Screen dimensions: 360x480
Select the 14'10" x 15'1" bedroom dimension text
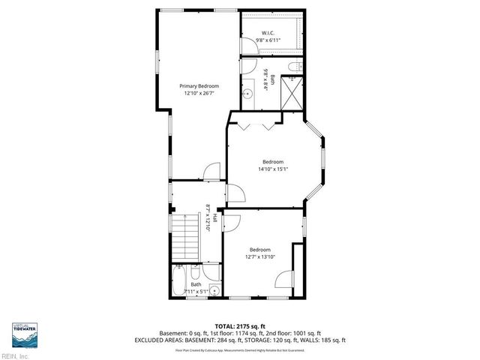[272, 169]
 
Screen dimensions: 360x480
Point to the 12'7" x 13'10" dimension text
[260, 256]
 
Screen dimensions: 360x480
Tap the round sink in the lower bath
[214, 289]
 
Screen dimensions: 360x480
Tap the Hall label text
[214, 218]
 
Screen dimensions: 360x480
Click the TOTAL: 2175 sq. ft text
[239, 325]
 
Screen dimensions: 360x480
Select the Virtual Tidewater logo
[24, 331]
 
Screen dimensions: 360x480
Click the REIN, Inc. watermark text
[15, 355]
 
